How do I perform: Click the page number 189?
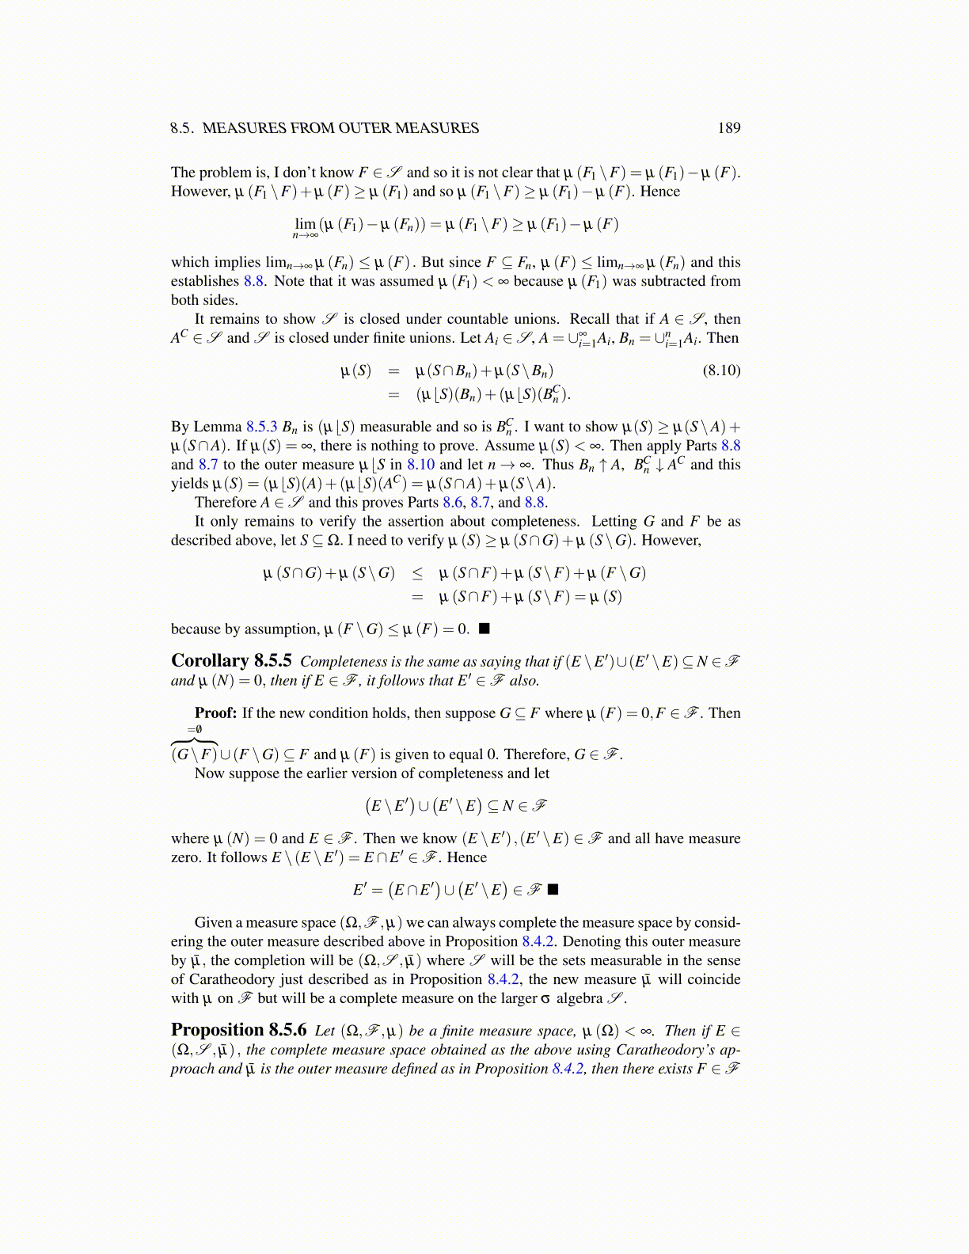click(x=728, y=128)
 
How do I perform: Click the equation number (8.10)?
click(x=721, y=370)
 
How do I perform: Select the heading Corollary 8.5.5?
click(x=231, y=660)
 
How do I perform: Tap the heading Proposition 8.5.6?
click(x=238, y=1030)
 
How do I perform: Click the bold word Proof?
click(x=215, y=712)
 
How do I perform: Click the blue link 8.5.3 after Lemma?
click(x=261, y=427)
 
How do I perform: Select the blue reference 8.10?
click(x=420, y=465)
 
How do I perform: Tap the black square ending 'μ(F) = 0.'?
click(x=484, y=629)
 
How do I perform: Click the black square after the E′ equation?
click(x=553, y=889)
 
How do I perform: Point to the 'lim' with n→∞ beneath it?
click(x=305, y=224)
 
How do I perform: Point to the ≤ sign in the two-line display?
click(x=416, y=573)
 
